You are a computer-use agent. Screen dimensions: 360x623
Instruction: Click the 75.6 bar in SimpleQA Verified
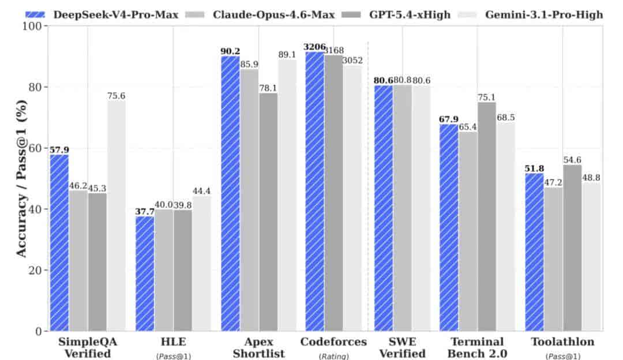tap(116, 216)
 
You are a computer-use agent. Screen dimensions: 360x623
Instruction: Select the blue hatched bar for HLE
tap(144, 273)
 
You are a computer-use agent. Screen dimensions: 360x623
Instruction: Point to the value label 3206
tap(314, 47)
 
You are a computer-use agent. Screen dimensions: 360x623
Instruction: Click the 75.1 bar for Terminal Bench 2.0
tap(487, 216)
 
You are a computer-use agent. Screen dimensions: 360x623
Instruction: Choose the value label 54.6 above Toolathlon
tap(572, 160)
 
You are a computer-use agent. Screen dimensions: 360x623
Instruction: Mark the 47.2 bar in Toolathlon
tap(553, 259)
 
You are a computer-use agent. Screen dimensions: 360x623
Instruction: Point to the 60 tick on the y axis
tap(34, 148)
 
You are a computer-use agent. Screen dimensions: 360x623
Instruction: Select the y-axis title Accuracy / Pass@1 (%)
tap(21, 178)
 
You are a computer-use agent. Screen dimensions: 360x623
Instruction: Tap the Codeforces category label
tap(333, 342)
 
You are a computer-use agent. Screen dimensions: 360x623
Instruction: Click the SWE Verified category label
tap(402, 347)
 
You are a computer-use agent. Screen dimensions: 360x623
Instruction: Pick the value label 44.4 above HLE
tap(201, 191)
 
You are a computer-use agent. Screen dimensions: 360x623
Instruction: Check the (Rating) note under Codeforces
tap(333, 356)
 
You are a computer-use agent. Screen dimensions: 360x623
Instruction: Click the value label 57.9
tap(59, 150)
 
